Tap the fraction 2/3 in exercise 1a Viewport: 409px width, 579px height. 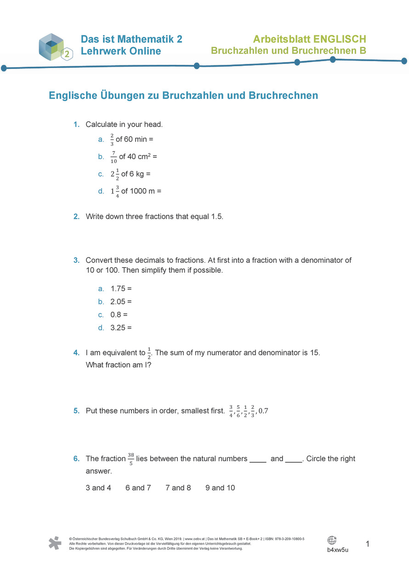112,139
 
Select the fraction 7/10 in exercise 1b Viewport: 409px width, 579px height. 114,157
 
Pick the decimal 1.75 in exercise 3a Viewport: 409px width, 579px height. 118,289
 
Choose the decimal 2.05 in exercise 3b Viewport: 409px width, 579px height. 118,302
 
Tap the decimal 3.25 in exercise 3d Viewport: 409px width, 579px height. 118,328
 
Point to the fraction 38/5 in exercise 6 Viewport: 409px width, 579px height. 131,459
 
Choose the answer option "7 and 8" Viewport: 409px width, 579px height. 178,487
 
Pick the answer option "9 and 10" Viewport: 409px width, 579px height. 220,487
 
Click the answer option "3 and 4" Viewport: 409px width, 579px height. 98,487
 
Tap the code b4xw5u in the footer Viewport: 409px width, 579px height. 338,550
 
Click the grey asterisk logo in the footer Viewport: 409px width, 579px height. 55,543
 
